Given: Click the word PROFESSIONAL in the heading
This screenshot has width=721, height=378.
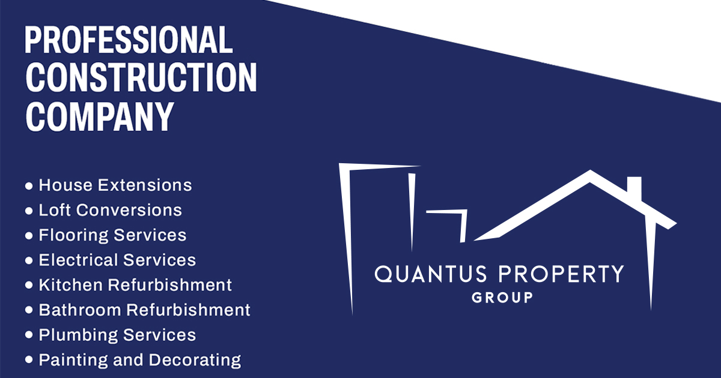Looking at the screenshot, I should pyautogui.click(x=128, y=40).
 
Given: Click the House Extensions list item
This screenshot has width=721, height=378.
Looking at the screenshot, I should pyautogui.click(x=115, y=185).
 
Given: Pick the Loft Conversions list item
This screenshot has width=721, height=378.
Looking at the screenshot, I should pyautogui.click(x=110, y=210).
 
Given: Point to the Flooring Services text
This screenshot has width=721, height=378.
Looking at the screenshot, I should pyautogui.click(x=112, y=235).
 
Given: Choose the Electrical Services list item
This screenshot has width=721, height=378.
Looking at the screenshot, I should pyautogui.click(x=117, y=260).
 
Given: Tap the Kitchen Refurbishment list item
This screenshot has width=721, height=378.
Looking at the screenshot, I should pyautogui.click(x=135, y=285).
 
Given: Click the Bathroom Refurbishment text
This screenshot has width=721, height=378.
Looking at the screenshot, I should pyautogui.click(x=144, y=310).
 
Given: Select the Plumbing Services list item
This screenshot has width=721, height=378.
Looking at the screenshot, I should pyautogui.click(x=117, y=335).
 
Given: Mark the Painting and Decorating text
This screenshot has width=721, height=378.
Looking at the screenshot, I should pyautogui.click(x=139, y=360).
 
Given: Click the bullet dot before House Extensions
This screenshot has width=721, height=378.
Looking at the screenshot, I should pyautogui.click(x=29, y=186).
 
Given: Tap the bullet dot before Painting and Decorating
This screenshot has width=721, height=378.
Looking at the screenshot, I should pyautogui.click(x=29, y=361).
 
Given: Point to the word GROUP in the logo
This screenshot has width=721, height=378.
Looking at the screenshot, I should pyautogui.click(x=502, y=297).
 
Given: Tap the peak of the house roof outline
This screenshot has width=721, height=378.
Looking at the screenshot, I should pyautogui.click(x=590, y=175).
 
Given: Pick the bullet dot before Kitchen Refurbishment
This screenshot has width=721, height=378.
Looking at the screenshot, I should pyautogui.click(x=29, y=286).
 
